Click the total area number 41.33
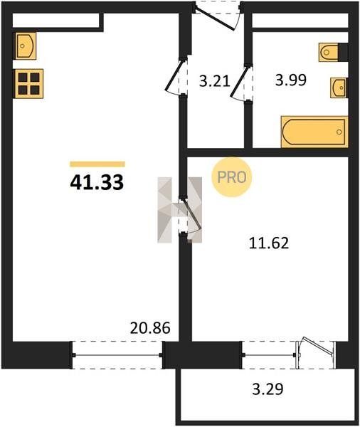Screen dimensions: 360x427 coord(97,182)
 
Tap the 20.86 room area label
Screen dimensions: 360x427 coord(150,328)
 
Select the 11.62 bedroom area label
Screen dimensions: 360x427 coord(269,243)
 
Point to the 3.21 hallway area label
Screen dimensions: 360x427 coord(215,81)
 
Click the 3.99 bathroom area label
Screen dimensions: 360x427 coord(291,80)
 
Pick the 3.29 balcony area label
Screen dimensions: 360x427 coord(268,389)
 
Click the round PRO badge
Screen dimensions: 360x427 coord(232,177)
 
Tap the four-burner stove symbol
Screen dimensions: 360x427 coord(29,83)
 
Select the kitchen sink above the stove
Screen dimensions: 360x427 coord(26,46)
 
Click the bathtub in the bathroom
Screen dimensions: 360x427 coord(314,132)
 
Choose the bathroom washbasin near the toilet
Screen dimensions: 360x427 coord(339,88)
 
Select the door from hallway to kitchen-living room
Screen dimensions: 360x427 coord(176,76)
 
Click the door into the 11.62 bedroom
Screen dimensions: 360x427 coord(191,216)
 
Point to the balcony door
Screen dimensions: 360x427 coord(316,353)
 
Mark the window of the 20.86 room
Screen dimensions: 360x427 coord(117,355)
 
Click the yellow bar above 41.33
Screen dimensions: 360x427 coord(97,164)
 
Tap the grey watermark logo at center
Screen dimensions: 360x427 coord(180,210)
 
